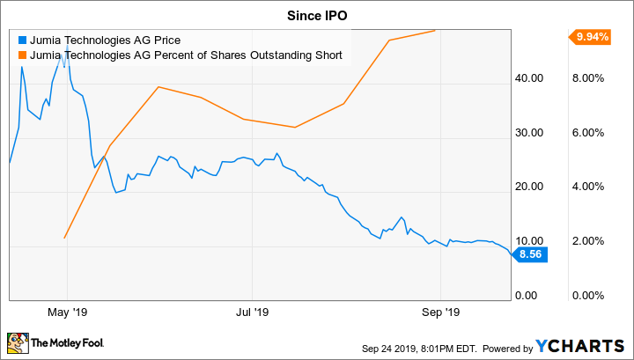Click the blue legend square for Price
[21, 40]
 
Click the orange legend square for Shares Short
[21, 56]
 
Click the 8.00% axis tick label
[590, 78]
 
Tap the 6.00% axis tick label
[590, 133]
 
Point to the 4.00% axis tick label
[590, 187]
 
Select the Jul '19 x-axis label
[252, 312]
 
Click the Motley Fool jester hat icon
[17, 342]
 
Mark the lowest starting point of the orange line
[65, 238]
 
